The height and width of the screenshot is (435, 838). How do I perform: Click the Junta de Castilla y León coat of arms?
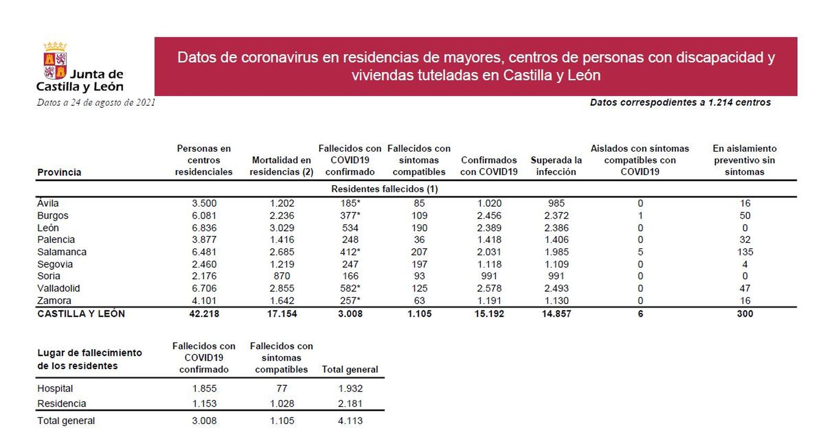55,60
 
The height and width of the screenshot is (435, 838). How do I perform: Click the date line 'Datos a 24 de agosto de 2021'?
96,103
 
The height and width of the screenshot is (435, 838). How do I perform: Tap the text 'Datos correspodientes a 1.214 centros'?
680,103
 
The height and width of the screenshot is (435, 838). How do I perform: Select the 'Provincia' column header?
59,172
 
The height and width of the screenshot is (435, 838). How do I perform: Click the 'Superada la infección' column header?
556,166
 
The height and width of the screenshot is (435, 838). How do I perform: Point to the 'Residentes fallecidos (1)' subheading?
384,189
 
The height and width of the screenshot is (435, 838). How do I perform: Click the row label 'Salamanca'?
62,252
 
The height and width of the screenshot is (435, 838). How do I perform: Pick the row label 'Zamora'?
54,300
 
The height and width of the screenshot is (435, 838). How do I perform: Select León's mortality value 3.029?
282,228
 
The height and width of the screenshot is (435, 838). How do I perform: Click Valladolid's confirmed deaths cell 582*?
350,288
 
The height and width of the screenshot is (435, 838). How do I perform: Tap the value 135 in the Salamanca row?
745,252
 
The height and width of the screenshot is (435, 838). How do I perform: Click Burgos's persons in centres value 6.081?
204,216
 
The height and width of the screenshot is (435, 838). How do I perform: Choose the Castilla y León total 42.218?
204,314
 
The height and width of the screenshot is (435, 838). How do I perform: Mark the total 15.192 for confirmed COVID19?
489,314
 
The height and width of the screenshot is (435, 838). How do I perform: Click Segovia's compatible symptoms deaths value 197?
419,264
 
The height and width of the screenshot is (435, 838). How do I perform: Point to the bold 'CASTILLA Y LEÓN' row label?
81,314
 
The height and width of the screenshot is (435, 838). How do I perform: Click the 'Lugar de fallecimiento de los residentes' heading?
89,359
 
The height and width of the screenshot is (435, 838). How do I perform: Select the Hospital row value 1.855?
204,388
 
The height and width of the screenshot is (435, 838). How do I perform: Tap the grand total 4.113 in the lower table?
350,420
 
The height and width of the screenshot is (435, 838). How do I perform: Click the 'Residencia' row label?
61,404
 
